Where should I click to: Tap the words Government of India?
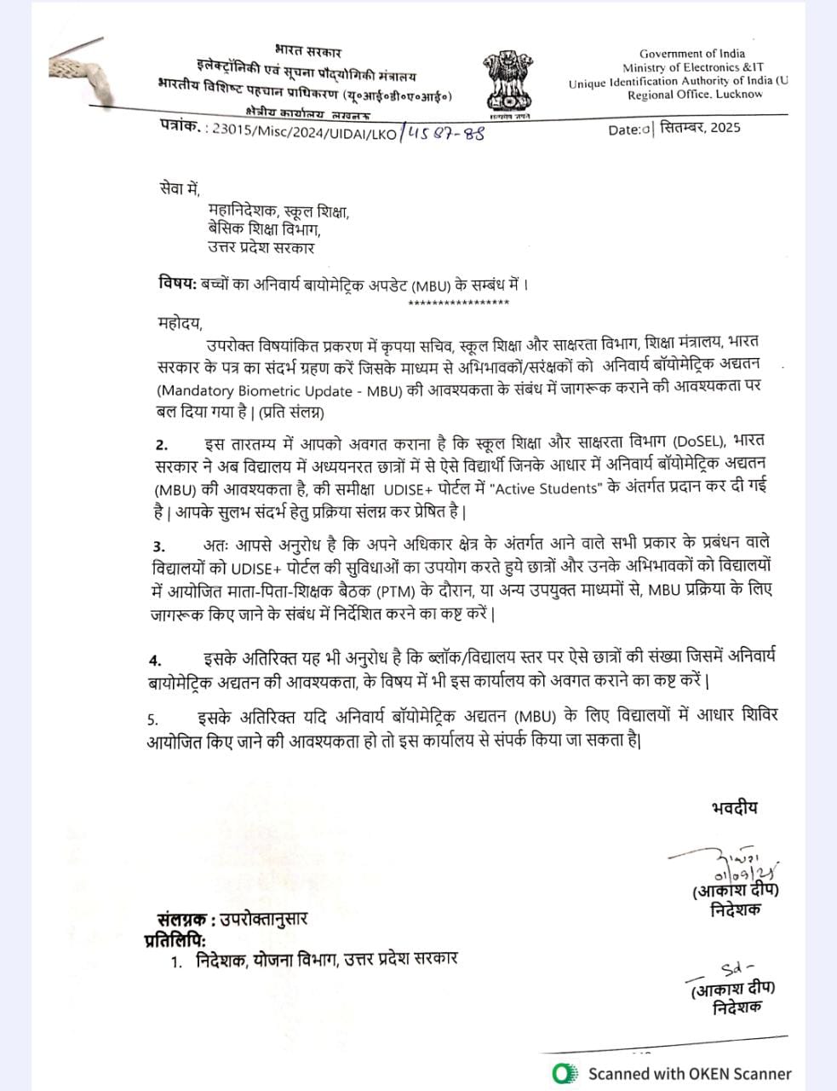pyautogui.click(x=691, y=53)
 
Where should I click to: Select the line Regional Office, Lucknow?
pyautogui.click(x=695, y=95)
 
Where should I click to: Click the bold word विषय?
pyautogui.click(x=177, y=283)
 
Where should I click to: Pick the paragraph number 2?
pyautogui.click(x=162, y=445)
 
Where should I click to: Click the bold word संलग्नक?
pyautogui.click(x=182, y=919)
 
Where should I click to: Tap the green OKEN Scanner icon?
pyautogui.click(x=563, y=1073)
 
